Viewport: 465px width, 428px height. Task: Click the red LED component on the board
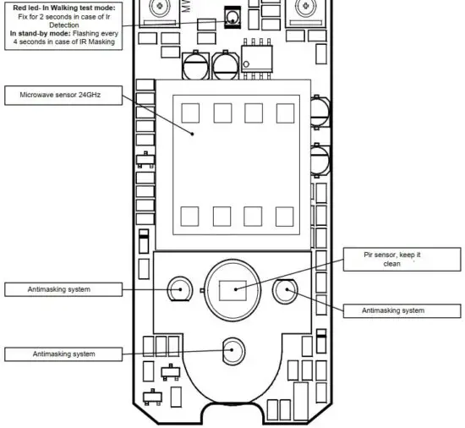click(232, 17)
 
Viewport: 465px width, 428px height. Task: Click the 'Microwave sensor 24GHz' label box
click(62, 96)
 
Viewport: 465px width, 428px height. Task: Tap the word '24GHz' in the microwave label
click(90, 96)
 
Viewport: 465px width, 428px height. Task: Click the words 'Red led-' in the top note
click(31, 7)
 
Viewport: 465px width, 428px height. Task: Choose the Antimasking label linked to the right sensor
click(393, 310)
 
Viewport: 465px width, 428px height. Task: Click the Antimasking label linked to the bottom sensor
click(63, 353)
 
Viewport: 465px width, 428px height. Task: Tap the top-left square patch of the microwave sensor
click(190, 112)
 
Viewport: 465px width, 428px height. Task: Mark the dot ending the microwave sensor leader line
click(193, 134)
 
